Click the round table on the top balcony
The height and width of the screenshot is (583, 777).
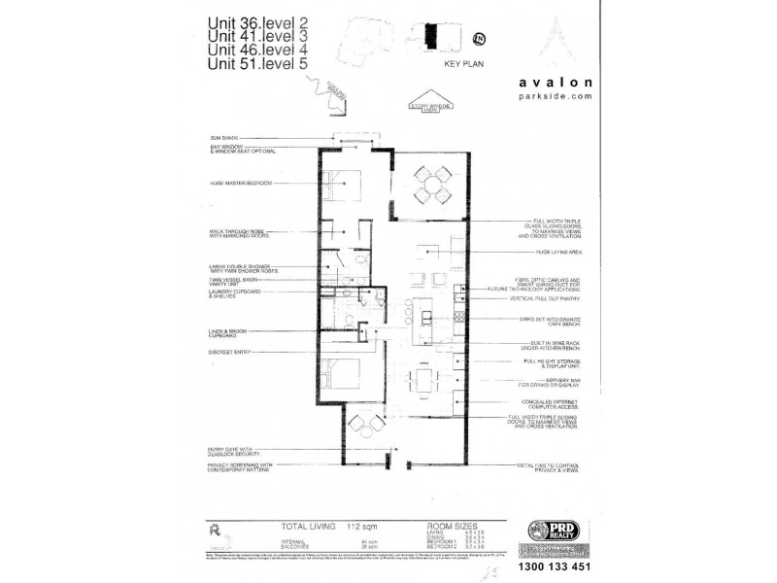(429, 184)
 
